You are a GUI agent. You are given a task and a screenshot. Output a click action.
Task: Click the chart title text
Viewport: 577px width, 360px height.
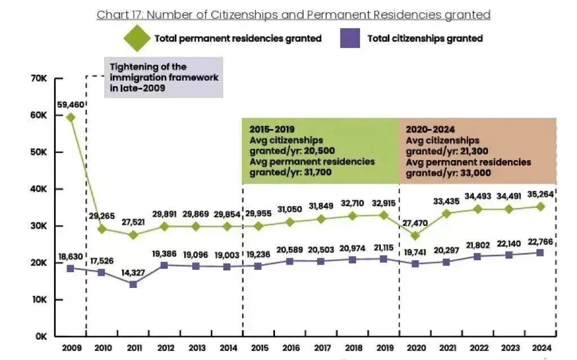294,15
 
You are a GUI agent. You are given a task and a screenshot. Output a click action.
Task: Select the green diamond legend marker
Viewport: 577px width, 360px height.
137,39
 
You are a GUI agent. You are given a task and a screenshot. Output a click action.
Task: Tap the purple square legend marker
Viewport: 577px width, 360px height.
350,39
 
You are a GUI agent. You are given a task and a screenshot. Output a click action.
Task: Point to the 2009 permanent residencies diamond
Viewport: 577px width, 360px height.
70,117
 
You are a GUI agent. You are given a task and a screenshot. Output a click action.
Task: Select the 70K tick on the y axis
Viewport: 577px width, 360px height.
39,78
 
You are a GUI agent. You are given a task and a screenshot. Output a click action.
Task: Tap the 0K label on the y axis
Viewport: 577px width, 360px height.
41,336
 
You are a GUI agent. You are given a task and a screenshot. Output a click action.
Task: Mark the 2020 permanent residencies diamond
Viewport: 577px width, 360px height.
415,235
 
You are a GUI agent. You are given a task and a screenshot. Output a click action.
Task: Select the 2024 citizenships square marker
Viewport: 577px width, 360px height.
539,253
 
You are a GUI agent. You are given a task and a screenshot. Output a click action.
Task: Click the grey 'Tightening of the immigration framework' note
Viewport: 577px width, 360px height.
163,77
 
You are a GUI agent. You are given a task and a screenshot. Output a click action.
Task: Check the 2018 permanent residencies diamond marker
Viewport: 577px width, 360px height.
352,216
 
